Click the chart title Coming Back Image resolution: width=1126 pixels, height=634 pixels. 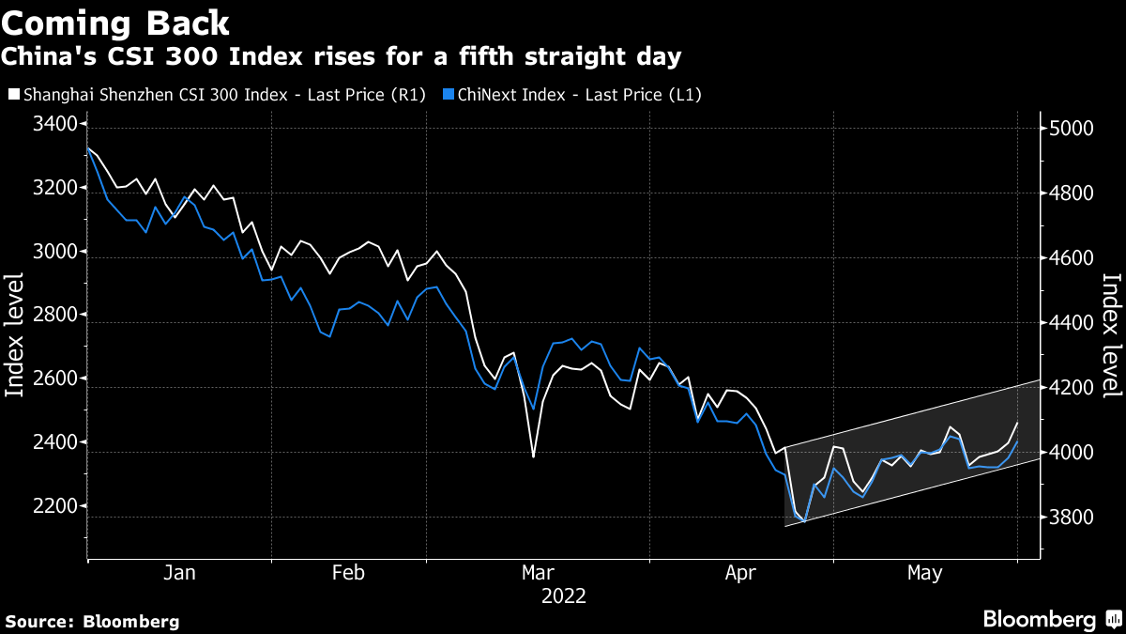116,22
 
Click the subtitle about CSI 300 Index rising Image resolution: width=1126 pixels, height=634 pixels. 342,57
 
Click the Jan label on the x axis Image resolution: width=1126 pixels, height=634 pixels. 179,572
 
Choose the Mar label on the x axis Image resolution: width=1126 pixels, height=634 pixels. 539,572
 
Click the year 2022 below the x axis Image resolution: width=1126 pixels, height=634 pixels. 563,595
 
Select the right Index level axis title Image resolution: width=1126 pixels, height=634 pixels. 1110,335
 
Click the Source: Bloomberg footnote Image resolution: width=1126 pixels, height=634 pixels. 92,621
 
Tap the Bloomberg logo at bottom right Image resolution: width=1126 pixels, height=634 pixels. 1050,619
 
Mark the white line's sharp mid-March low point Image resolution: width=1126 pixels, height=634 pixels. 533,457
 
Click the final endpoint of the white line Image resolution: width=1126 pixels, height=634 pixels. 1017,423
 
